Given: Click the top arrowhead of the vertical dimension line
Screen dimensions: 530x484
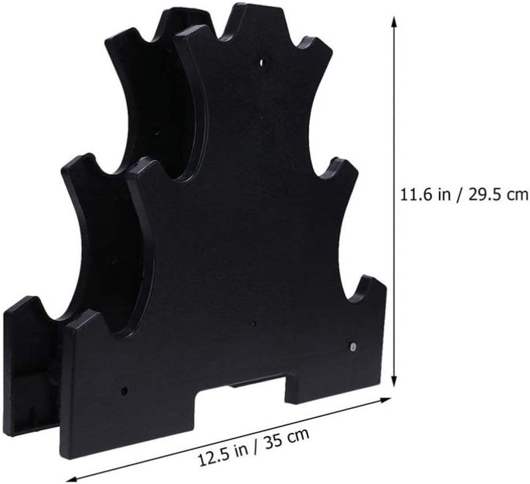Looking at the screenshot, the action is (394, 22).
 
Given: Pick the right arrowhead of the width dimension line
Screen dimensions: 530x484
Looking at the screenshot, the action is (385, 400).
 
